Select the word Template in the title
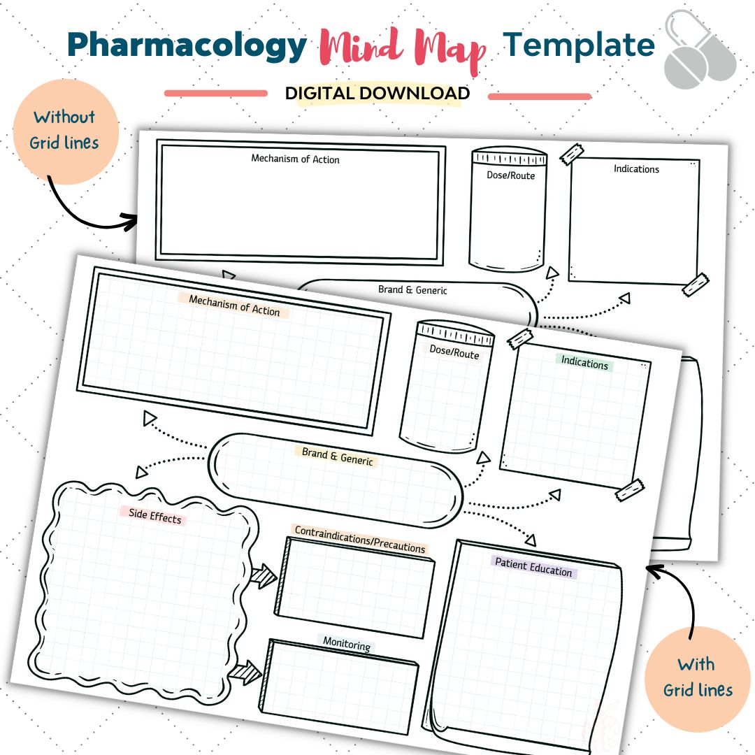coord(580,45)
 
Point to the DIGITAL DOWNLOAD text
coord(377,93)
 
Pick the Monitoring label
coord(347,644)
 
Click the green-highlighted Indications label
coord(584,364)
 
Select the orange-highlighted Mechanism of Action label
coord(234,305)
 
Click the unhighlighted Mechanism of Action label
coord(295,159)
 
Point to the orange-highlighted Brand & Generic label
coord(338,456)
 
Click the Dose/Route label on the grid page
coord(454,352)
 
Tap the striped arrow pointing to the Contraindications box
coord(264,576)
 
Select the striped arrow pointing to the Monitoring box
coord(245,673)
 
